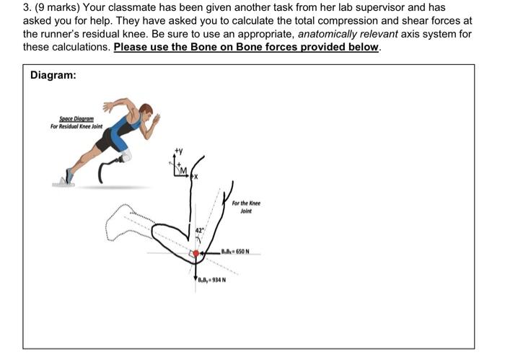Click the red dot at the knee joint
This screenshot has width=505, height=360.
coord(195,253)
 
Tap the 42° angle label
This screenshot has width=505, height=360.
coord(202,230)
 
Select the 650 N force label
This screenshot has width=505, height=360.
coord(236,252)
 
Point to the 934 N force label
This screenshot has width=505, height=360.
coord(214,280)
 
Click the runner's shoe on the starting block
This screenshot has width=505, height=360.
coord(68,175)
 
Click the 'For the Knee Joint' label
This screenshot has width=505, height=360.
coord(246,207)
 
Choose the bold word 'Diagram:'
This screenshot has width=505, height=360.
coord(53,75)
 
